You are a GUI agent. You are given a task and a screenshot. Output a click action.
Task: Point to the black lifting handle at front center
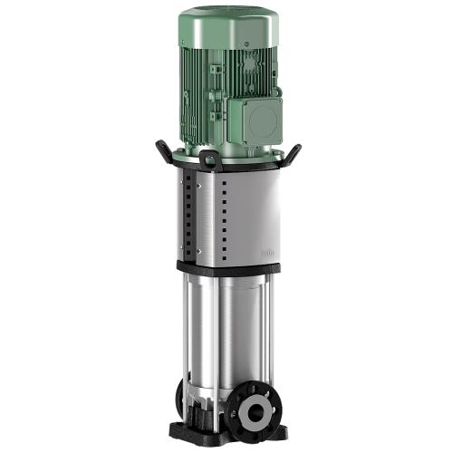209,161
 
